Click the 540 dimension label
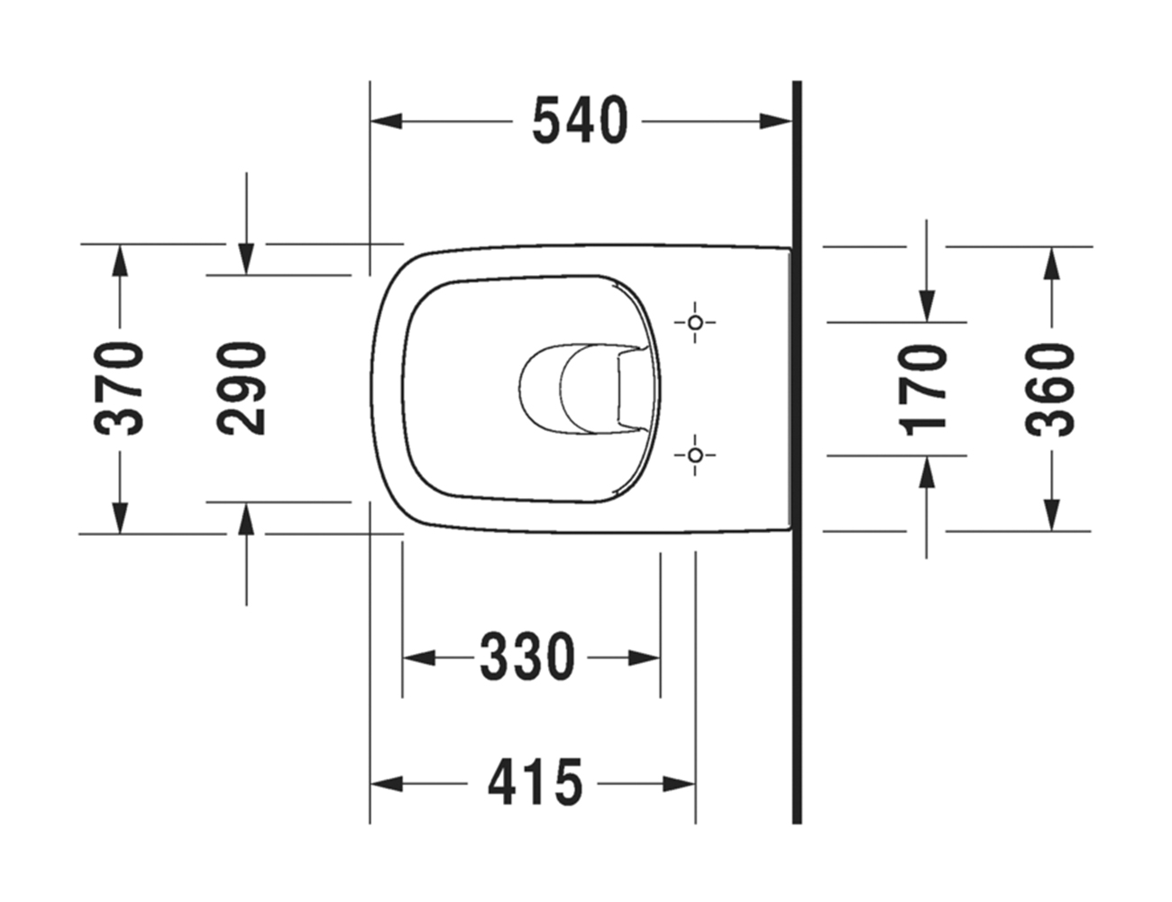click(579, 122)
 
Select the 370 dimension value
click(121, 388)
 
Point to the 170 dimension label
click(926, 388)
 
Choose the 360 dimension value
click(1051, 388)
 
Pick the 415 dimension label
click(536, 782)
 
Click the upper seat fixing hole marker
click(694, 322)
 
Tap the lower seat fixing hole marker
click(694, 456)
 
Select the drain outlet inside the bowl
click(577, 388)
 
